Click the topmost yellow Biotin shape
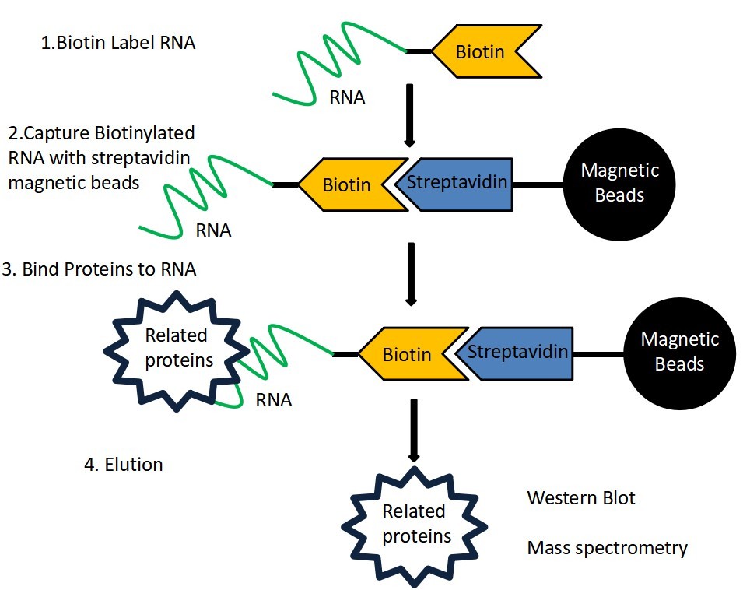(482, 52)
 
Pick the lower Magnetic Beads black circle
(678, 353)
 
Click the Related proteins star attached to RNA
(175, 347)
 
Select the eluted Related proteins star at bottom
(413, 524)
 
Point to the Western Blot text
(580, 497)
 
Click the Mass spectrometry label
(607, 547)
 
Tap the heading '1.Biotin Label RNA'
(117, 43)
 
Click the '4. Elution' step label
(123, 465)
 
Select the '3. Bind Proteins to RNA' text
(99, 269)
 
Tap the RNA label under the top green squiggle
(347, 97)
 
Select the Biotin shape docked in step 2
(347, 185)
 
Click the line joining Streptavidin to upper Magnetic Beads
(538, 185)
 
